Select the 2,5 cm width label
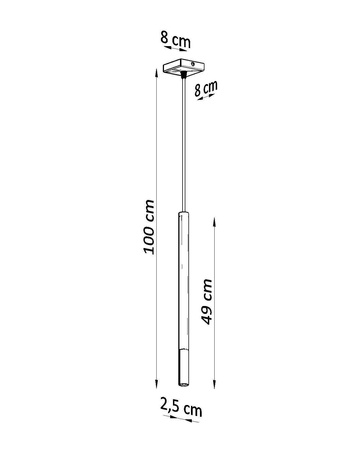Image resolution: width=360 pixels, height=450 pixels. (181, 409)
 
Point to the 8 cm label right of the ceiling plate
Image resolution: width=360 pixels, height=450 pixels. (206, 90)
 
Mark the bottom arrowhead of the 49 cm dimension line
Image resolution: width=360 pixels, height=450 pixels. (219, 385)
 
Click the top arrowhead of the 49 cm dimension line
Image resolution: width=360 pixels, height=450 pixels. (219, 212)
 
